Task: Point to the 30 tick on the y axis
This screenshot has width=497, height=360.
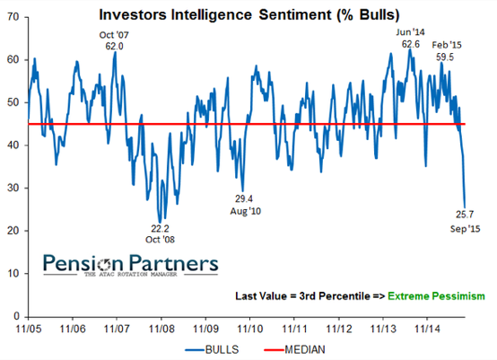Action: coord(15,188)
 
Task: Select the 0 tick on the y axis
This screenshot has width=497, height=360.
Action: coord(18,316)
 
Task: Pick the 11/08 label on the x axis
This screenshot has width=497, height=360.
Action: coord(161,329)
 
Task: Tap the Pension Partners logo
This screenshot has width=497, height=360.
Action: coord(131,266)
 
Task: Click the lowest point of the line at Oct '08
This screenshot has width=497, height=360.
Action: coord(161,222)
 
